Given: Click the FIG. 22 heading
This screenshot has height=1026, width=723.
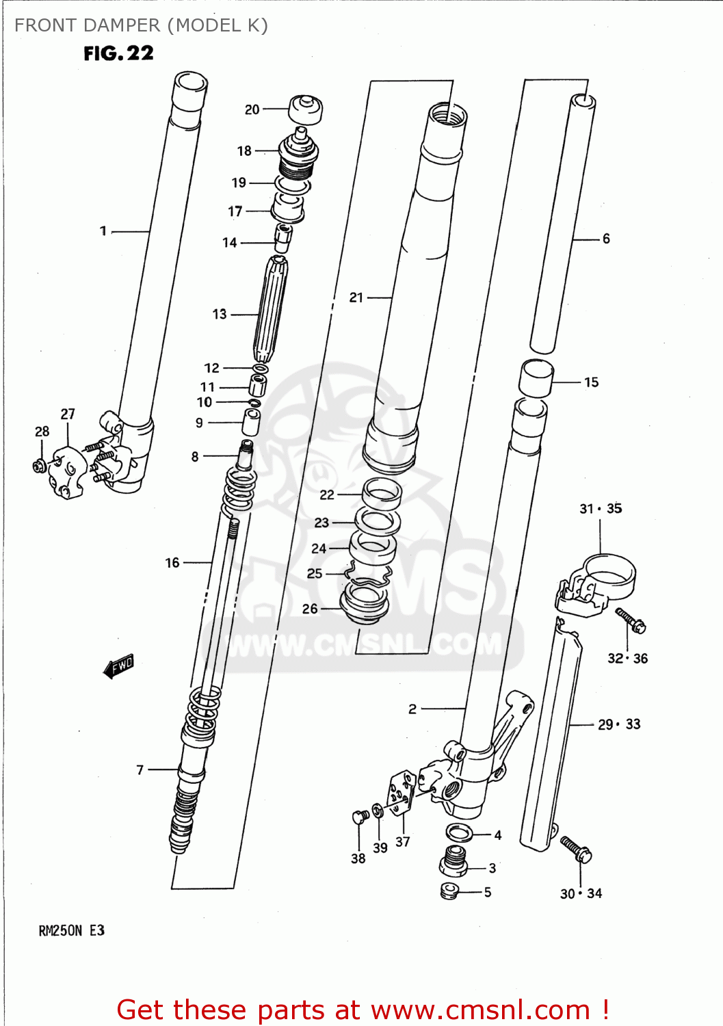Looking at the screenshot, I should [118, 53].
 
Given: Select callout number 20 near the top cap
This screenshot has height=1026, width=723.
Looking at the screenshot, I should [252, 109].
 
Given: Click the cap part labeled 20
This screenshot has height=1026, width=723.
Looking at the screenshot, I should [305, 109].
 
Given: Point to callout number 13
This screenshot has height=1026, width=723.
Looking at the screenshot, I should [219, 314].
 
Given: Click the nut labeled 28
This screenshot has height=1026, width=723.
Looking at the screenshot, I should [39, 466].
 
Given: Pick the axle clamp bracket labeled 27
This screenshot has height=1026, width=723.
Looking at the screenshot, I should [66, 472].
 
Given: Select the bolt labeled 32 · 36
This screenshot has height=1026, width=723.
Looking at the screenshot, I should [631, 620].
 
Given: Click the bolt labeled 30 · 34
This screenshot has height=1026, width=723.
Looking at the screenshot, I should [576, 849].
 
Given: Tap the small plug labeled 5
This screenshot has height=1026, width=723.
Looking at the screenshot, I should [449, 891].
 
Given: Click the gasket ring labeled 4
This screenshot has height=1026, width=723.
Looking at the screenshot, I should [459, 833].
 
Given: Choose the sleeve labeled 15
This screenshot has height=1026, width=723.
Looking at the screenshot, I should [536, 378].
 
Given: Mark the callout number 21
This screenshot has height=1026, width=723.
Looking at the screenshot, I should [356, 298].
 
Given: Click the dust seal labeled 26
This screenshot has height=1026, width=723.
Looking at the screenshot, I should [364, 602].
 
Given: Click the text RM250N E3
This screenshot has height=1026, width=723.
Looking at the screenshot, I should [71, 930].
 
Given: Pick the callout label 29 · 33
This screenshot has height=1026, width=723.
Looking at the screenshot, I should [619, 724].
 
